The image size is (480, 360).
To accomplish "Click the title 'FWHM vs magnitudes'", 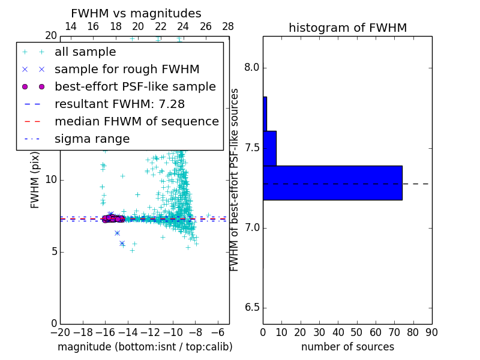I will [136, 13].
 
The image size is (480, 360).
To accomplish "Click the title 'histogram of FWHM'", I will [347, 28].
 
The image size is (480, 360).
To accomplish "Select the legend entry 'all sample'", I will [85, 52].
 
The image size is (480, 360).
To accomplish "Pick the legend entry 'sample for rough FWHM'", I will [127, 70].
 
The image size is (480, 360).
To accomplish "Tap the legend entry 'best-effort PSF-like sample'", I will [135, 87].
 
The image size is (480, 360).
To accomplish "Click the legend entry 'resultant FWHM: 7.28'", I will [120, 104].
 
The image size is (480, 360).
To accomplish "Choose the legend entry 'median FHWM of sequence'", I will [136, 122].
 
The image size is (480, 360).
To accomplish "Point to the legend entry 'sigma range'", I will [92, 139].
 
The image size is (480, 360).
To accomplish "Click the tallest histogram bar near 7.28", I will [332, 182].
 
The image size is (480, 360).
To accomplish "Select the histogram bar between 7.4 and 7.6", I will [269, 148].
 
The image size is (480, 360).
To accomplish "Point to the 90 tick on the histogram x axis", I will [431, 332].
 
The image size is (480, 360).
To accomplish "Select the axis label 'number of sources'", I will [347, 347].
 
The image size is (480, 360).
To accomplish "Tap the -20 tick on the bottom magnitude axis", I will [60, 332].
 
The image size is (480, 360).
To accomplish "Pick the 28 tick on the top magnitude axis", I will [229, 26].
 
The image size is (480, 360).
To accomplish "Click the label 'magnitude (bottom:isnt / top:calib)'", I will [145, 347].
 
